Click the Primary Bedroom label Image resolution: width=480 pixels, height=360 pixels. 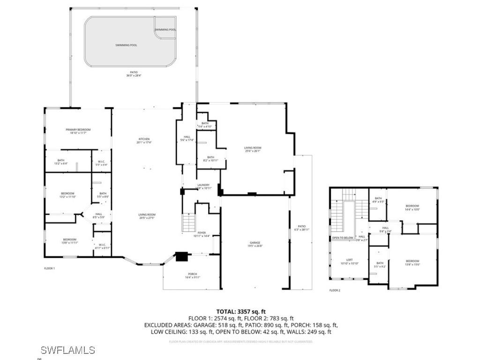point(78,130)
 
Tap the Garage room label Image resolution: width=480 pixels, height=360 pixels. point(255,243)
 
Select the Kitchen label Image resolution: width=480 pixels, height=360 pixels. point(144,139)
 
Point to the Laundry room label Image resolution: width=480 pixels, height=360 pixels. point(203,185)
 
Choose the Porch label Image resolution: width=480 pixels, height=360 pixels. point(193,274)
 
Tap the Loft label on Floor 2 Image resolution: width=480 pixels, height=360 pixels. point(349,260)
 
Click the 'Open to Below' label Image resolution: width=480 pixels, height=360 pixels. point(343,238)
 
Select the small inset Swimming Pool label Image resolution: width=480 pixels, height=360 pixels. point(165,30)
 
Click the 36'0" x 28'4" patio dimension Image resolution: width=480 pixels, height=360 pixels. point(133,75)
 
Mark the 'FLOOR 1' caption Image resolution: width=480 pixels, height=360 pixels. point(49,269)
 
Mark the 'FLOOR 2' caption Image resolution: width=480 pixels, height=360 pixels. point(335,290)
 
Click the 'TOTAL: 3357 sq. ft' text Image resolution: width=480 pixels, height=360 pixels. point(241,311)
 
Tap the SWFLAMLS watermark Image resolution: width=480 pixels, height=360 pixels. point(67,350)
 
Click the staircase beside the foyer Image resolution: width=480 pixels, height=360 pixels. point(188,221)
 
